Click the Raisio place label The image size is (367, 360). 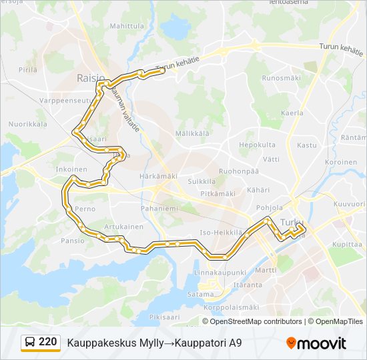pos(90,78)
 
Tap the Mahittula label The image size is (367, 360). pos(127,26)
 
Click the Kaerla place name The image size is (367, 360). pos(292,113)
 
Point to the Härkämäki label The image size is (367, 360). pos(158,176)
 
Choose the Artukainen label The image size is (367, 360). pos(123,227)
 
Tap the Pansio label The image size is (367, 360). pos(72,241)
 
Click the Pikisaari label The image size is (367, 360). pos(165,317)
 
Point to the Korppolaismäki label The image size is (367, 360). pos(232,307)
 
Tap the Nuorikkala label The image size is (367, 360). pos(27,124)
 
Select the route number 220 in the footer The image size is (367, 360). pos(47,342)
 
